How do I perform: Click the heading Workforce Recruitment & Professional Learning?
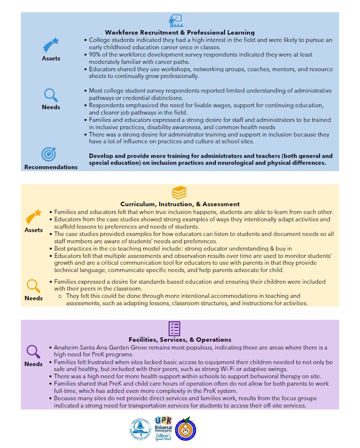[180, 33]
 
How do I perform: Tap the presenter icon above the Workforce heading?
[175, 21]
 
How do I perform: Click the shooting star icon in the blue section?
[51, 45]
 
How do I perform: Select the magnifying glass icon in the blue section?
[51, 95]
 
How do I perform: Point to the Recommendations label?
[51, 167]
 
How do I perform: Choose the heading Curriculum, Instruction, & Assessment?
[180, 204]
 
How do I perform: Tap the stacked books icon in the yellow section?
[179, 193]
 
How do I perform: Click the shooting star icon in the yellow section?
[34, 217]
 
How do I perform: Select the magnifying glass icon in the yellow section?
[33, 285]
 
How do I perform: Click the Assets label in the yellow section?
[34, 230]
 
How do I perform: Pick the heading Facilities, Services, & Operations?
[180, 339]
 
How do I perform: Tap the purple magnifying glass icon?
[33, 351]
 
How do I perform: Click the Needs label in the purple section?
[34, 364]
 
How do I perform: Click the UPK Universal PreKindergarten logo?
[164, 428]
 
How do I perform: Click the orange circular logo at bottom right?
[187, 428]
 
